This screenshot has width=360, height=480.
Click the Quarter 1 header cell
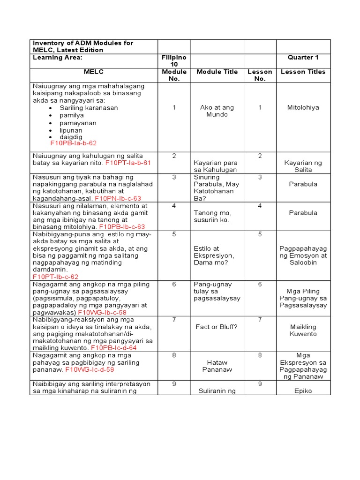(303, 57)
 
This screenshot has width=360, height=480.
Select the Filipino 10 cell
(174, 60)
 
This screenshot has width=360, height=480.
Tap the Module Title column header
(217, 72)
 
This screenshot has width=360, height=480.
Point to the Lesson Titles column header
(303, 72)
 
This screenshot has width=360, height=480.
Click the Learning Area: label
(58, 57)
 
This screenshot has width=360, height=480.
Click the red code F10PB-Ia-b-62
(74, 143)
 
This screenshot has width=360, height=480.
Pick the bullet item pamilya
(72, 115)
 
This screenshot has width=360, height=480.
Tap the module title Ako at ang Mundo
(217, 111)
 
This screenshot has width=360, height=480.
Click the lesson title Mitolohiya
(303, 107)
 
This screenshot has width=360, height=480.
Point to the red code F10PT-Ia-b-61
(128, 163)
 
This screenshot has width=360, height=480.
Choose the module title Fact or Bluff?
(217, 327)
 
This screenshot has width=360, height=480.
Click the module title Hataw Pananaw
(217, 366)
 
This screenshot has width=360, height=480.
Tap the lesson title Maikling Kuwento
(303, 330)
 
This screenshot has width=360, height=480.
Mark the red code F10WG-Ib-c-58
(102, 312)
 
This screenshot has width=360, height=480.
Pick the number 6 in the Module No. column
(174, 284)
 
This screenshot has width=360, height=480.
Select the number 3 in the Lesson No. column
(260, 177)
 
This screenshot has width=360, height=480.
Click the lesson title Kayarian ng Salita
(303, 166)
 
